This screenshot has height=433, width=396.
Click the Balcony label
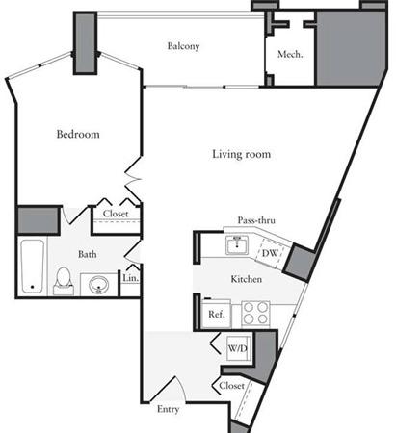(x=183, y=46)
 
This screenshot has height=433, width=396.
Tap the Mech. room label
(x=290, y=54)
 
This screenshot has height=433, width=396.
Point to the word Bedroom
(x=78, y=134)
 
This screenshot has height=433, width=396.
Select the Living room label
(x=242, y=154)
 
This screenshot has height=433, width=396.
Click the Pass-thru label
(x=256, y=220)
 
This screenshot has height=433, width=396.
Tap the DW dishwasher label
(x=270, y=253)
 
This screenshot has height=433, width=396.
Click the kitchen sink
(x=237, y=245)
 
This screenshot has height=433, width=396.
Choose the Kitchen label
(x=247, y=279)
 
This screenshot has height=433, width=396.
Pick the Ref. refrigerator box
(x=217, y=314)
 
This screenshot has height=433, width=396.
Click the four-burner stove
(x=255, y=313)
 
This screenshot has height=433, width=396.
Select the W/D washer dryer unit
(x=239, y=348)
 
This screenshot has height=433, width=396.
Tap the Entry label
(x=169, y=409)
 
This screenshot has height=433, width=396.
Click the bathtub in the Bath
(x=32, y=267)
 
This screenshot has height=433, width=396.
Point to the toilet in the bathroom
(x=64, y=281)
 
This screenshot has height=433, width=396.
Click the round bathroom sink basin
(x=99, y=284)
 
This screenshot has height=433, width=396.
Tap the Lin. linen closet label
(x=131, y=278)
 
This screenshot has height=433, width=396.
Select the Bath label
(x=88, y=254)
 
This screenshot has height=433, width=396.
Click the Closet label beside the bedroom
(x=116, y=214)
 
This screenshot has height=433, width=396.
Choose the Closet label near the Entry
(x=231, y=385)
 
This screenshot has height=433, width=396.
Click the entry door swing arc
(x=182, y=388)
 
